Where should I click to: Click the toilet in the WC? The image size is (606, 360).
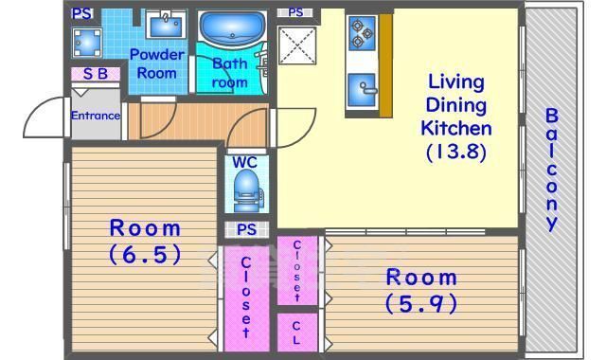(247, 190)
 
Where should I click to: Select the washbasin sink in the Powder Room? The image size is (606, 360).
(167, 25)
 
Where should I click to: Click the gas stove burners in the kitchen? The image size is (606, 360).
(362, 33)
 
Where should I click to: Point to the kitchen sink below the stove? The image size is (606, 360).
(362, 90)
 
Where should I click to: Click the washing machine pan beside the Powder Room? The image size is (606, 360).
(87, 42)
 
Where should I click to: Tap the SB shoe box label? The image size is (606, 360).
(96, 74)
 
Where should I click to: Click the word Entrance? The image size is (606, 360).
(96, 116)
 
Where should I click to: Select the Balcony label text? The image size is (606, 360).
(551, 170)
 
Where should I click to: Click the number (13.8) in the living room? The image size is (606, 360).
(456, 152)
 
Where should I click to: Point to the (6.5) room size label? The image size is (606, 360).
(145, 254)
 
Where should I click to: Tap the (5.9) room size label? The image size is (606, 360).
(421, 303)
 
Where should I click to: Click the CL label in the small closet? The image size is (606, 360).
(296, 333)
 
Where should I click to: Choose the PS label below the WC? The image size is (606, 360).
(246, 229)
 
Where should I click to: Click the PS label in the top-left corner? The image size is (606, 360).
(82, 14)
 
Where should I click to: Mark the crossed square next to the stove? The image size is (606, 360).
(296, 45)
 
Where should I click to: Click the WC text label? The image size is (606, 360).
(244, 162)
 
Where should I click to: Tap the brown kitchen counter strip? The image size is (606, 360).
(385, 65)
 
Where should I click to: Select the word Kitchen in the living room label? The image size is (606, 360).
(456, 128)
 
